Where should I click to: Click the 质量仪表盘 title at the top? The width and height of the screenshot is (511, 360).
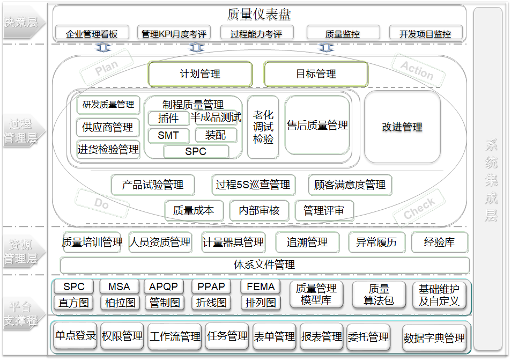coord(259,14)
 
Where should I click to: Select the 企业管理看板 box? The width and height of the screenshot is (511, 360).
coord(92,33)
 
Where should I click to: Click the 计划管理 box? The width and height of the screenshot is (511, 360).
coord(200,74)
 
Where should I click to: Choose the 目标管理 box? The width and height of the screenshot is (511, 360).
coord(316,74)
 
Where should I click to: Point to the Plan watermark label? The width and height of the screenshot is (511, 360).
coord(106,68)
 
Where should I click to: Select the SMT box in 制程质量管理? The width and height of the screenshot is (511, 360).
coord(168,136)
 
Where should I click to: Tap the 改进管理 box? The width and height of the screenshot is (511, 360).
coord(402,127)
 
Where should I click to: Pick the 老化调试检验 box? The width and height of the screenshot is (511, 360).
coord(263,127)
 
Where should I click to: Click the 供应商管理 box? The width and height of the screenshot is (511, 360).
coord(108,128)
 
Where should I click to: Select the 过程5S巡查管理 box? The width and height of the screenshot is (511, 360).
coord(253,185)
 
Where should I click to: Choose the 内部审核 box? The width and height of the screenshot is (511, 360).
coord(259,211)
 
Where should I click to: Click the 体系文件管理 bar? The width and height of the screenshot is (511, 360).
coord(264,265)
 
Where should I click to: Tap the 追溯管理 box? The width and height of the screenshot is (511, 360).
coord(307,243)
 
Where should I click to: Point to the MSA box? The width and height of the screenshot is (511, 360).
coord(119,286)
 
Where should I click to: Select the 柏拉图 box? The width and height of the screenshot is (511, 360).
coord(119,303)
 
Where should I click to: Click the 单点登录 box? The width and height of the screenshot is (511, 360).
coord(75,336)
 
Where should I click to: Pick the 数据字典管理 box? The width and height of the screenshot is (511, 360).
coord(434,339)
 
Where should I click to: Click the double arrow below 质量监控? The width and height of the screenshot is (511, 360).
coord(326,48)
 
